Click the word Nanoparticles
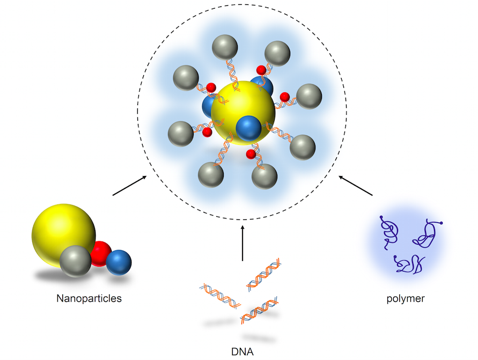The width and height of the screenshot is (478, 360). click(x=89, y=298)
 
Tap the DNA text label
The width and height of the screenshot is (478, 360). click(x=242, y=352)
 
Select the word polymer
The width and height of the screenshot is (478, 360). click(x=406, y=298)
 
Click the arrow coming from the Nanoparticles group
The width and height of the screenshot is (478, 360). click(x=129, y=186)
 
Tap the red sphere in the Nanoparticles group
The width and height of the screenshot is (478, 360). click(x=100, y=254)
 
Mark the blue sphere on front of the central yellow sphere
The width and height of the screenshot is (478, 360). click(x=248, y=128)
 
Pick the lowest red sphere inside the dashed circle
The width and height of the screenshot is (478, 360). click(x=251, y=155)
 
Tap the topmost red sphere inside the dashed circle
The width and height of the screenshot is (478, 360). click(x=261, y=70)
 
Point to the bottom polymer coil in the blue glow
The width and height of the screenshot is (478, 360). click(x=408, y=263)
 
